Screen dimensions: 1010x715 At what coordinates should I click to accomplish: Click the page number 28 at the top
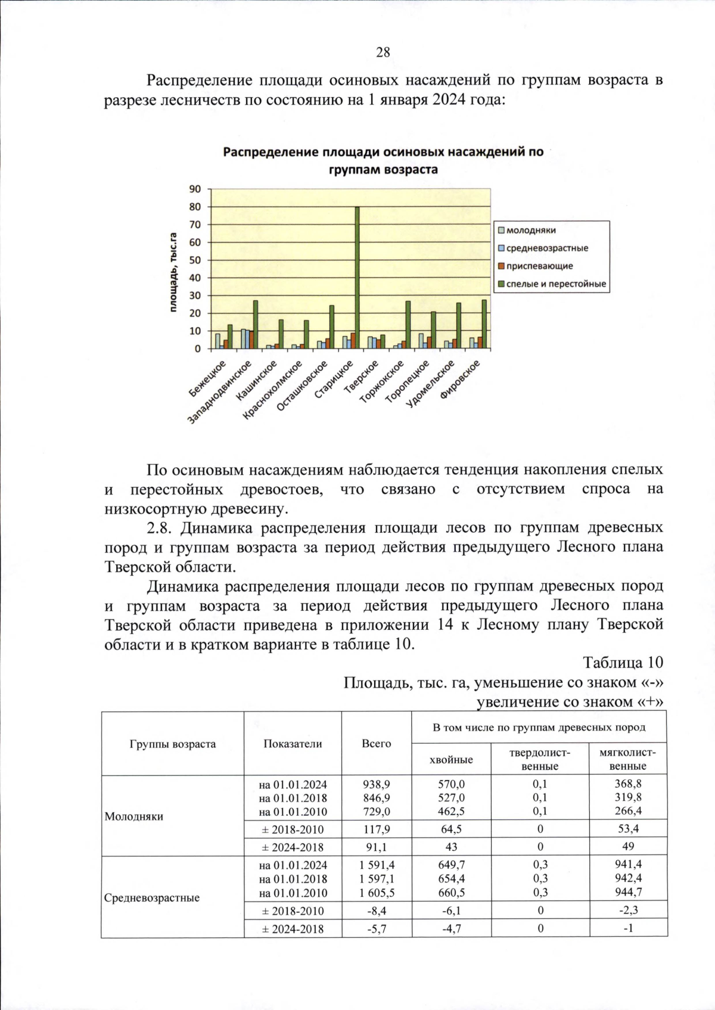pos(383,52)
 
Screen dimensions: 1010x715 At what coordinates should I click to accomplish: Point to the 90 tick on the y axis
pos(195,189)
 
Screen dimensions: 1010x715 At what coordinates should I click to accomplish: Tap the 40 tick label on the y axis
pos(195,278)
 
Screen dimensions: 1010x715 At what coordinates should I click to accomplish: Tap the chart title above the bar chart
pos(383,160)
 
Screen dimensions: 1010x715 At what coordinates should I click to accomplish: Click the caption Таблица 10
pos(623,663)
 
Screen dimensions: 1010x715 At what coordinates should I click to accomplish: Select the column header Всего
pos(377,743)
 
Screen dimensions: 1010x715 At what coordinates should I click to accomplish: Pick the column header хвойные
pos(451,759)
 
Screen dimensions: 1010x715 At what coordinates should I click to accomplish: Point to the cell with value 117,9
pos(377,829)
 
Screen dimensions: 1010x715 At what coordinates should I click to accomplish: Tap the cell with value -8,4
pos(377,910)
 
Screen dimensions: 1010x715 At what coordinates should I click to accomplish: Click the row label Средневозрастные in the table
pos(152,897)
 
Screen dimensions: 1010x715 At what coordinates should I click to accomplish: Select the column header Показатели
pos(293,743)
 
